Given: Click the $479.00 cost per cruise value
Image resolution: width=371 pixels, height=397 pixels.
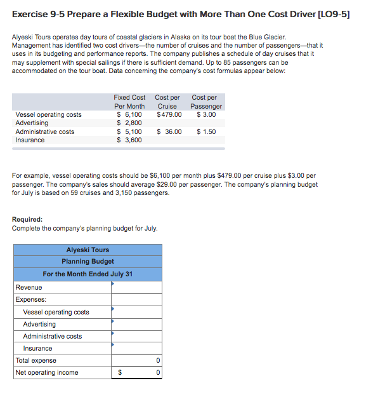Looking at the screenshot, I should pos(169,114).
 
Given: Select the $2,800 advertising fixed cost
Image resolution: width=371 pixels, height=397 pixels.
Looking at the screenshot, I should pos(129,123).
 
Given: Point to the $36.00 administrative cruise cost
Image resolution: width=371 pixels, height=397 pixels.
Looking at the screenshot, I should pos(169,131).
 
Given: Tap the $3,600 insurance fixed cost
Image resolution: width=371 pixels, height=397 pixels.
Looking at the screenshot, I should pos(129,140).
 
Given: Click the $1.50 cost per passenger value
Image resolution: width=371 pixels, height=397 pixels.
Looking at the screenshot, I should pos(206,131).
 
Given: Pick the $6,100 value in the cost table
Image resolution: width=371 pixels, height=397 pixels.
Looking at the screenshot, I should pos(129,114).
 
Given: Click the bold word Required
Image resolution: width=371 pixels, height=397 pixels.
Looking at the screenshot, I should pos(27,220).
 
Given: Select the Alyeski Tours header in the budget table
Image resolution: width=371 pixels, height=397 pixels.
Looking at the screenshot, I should pos(88,250).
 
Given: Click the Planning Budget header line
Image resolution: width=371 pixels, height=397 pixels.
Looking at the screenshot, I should pos(88,261).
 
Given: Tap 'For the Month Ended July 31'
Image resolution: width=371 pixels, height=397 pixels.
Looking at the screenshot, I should pos(88,274).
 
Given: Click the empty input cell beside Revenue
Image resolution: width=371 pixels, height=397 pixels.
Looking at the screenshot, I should pos(136,287).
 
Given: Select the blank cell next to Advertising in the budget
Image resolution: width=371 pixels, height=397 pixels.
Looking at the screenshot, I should pos(136,324).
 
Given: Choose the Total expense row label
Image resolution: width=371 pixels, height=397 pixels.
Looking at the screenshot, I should pos(36,360).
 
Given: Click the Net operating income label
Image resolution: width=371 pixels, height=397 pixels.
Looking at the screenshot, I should pos(47,372).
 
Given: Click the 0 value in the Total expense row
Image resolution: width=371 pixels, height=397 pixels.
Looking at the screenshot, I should pos(158,360).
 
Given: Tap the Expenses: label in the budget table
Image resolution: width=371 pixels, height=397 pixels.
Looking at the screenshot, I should pos(30,299).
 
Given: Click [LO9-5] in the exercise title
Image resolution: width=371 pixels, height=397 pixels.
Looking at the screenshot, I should pos(334,14).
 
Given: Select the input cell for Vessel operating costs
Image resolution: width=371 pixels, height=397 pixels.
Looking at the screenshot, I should pos(136,312).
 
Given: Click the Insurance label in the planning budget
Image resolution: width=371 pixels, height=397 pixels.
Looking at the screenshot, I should pos(37,348).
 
